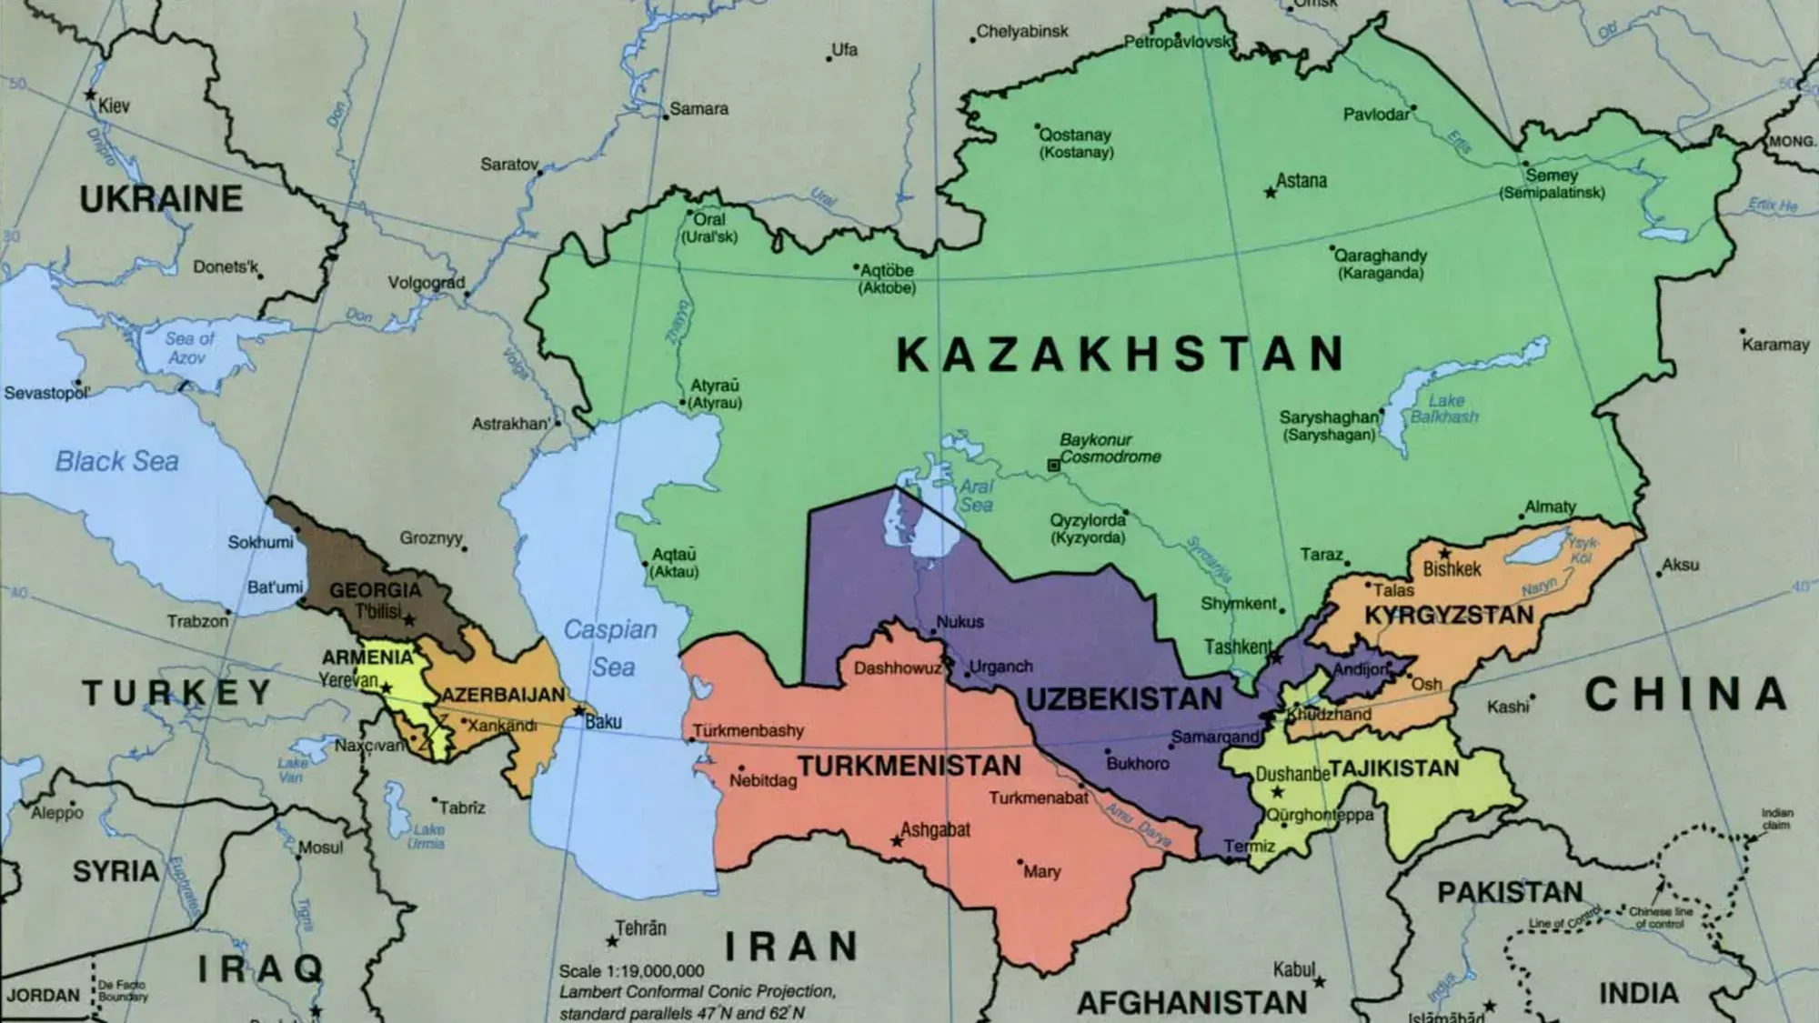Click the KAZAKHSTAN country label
coord(1121,354)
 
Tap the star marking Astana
coord(1271,193)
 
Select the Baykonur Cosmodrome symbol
coord(1053,465)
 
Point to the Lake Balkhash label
coord(1444,408)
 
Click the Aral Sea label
coord(976,495)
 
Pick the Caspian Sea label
coord(610,647)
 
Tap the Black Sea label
coord(116,461)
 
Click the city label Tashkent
coord(1238,647)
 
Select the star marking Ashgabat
coord(897,842)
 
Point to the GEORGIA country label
coord(375,590)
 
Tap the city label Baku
coord(603,722)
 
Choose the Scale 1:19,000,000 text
coord(631,971)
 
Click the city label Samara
coord(698,109)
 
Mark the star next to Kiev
coord(90,95)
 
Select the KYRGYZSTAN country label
coord(1449,616)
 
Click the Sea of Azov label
coord(189,347)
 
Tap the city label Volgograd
coord(427,283)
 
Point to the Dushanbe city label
coord(1291,775)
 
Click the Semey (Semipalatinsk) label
coord(1552,183)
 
